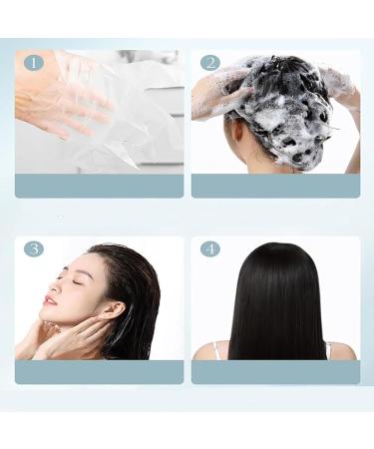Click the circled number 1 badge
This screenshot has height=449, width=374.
pyautogui.click(x=34, y=63)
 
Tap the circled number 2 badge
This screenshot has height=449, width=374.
pyautogui.click(x=210, y=63)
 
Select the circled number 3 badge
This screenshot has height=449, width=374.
pyautogui.click(x=34, y=249)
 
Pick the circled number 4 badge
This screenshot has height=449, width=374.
pyautogui.click(x=210, y=249)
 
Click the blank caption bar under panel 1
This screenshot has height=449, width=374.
pyautogui.click(x=99, y=186)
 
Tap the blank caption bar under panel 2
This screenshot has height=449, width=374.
pyautogui.click(x=275, y=186)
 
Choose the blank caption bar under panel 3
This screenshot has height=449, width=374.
pyautogui.click(x=99, y=372)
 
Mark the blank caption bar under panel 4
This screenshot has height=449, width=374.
pyautogui.click(x=275, y=372)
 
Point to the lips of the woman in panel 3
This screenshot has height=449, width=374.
pyautogui.click(x=49, y=301)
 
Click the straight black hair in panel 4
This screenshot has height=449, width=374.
pyautogui.click(x=276, y=302)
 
